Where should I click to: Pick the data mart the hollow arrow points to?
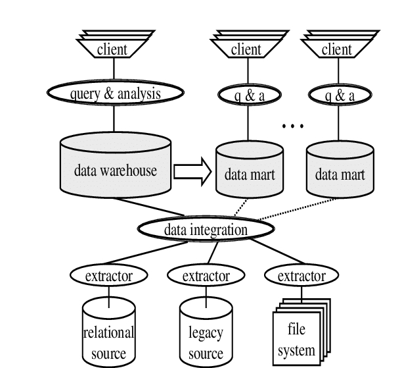coord(244,173)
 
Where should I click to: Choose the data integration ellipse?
coord(206,230)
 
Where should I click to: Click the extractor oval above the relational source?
coord(108,276)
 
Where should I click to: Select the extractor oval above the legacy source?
coord(206,276)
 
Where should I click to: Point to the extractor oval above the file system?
coord(301,276)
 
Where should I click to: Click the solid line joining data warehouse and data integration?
coord(177,212)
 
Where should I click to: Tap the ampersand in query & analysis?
coord(105,94)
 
